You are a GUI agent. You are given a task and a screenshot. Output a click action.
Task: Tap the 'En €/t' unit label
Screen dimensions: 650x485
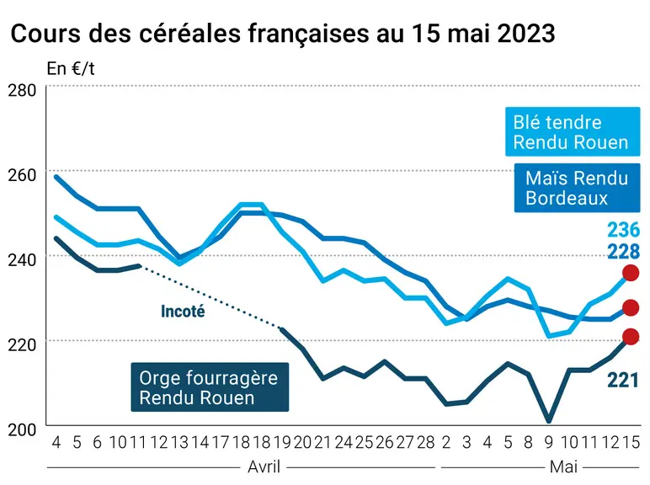71,69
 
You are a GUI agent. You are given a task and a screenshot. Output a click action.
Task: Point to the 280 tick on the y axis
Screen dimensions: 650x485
22,90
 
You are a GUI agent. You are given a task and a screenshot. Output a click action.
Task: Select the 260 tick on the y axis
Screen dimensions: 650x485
22,175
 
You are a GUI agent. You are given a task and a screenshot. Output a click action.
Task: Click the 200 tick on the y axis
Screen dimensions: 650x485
22,429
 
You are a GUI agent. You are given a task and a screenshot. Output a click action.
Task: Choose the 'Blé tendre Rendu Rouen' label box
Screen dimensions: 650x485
573,132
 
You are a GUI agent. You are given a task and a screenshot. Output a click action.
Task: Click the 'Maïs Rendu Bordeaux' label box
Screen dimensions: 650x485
577,188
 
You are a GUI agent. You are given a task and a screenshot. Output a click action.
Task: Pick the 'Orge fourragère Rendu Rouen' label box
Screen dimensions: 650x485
210,387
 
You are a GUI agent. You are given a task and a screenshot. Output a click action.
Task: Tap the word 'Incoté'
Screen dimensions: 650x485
183,312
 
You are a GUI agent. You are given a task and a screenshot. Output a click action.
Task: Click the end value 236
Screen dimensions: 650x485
623,230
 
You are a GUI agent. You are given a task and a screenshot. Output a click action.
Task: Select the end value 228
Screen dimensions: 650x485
623,251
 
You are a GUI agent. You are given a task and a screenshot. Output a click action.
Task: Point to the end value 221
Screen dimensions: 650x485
623,380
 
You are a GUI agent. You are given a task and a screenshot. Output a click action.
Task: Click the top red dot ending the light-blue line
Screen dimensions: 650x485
631,273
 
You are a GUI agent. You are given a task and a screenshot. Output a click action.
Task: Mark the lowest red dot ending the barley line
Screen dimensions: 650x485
631,337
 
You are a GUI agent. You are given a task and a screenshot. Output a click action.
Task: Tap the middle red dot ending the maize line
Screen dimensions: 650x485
631,307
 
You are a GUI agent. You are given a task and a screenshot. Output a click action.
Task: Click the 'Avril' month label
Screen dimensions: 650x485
264,466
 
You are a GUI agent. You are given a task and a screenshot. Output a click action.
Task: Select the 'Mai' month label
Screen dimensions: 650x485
563,466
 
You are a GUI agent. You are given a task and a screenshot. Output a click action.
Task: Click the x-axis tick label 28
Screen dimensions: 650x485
426,442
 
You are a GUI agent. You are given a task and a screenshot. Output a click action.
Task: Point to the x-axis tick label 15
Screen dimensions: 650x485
631,442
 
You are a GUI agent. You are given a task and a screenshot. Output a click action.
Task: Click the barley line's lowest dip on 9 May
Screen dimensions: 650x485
549,421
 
